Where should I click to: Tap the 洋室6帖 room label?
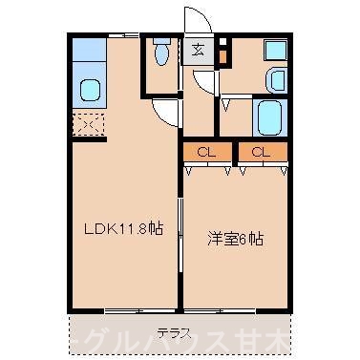point(234,239)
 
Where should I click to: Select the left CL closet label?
point(205,152)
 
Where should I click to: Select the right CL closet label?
point(263,152)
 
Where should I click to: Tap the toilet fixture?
point(160,56)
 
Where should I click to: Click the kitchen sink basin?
point(91,91)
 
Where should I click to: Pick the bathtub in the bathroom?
point(267,117)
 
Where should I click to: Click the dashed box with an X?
point(88,122)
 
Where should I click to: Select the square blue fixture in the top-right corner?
point(276,50)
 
